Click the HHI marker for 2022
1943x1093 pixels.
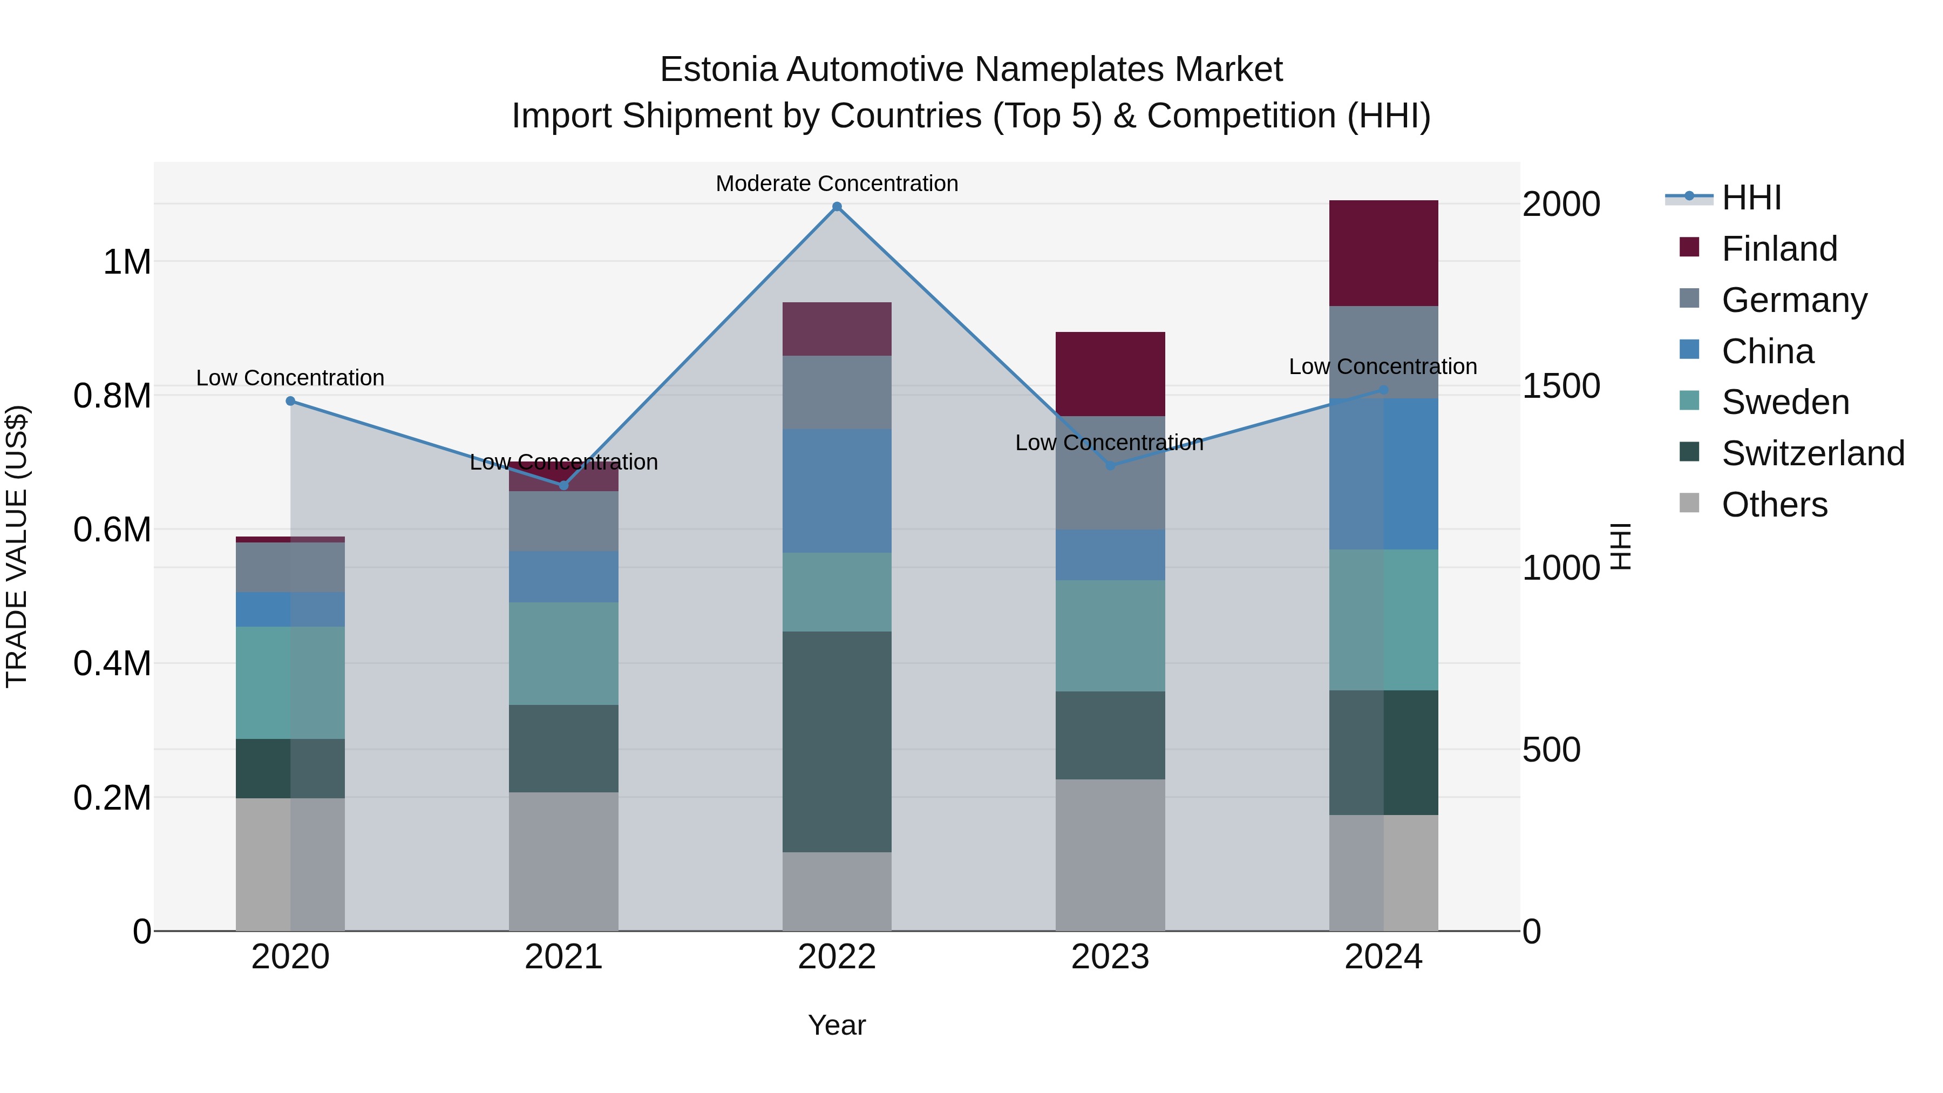click(x=837, y=207)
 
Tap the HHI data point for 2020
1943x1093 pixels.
click(x=290, y=401)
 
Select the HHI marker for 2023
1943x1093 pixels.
click(x=1110, y=465)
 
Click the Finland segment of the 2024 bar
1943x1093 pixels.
click(x=1383, y=254)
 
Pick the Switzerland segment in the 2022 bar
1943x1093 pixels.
click(x=837, y=742)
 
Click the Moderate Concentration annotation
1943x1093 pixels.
click(x=837, y=184)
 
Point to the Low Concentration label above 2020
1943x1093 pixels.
click(x=290, y=378)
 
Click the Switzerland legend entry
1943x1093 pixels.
click(x=1812, y=453)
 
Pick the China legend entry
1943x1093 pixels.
click(x=1767, y=351)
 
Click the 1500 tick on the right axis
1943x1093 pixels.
click(x=1560, y=386)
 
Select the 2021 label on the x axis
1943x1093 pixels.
click(x=563, y=957)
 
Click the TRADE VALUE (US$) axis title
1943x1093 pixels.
click(x=17, y=546)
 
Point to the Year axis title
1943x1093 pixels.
click(x=837, y=1025)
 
